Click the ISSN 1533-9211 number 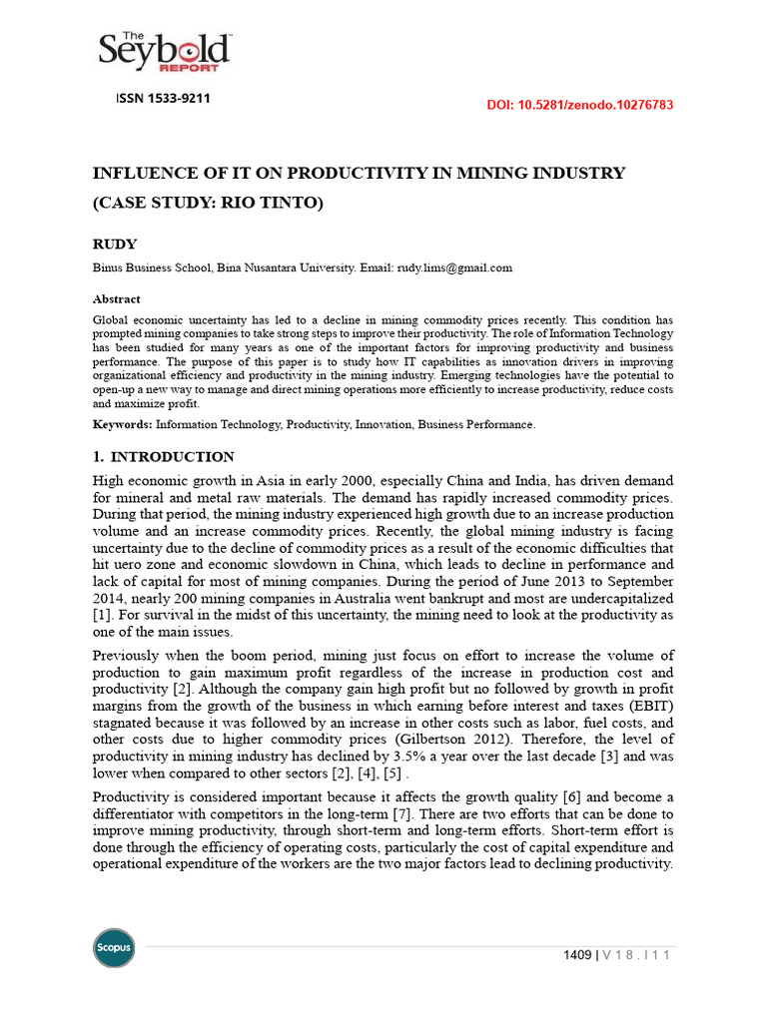163,99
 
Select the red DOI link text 579,105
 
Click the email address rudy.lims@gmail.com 454,267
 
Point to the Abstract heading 116,298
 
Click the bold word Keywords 121,424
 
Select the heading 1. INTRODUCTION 163,457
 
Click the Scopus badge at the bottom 114,947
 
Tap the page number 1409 578,955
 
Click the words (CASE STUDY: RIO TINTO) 208,204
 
